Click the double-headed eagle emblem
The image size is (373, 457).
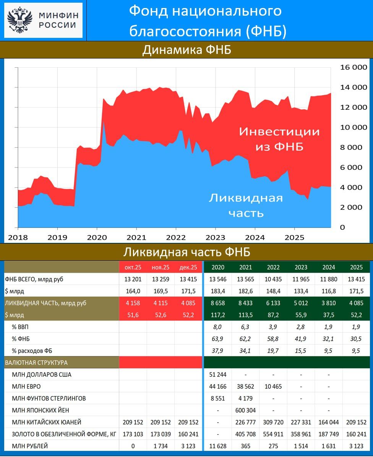click(20, 20)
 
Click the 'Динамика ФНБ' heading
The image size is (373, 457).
click(186, 50)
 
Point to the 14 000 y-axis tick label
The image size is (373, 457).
click(354, 87)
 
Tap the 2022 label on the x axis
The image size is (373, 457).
click(175, 237)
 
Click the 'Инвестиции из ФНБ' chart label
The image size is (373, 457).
click(279, 139)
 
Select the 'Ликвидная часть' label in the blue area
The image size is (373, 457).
click(246, 205)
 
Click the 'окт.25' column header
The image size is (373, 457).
click(133, 267)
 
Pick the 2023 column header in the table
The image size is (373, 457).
click(301, 267)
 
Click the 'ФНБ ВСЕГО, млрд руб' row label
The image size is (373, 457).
click(34, 279)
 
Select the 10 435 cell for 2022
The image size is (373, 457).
click(273, 279)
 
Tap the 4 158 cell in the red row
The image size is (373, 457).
click(133, 303)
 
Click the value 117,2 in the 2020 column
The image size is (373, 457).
click(217, 315)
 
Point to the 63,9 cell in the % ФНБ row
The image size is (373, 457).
click(217, 339)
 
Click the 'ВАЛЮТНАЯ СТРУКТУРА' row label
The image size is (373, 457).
click(36, 363)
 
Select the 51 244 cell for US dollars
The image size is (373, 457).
click(217, 374)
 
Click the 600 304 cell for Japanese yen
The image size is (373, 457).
click(245, 410)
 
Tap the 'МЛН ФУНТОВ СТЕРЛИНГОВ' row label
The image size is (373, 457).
click(49, 398)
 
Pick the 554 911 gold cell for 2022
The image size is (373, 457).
click(273, 434)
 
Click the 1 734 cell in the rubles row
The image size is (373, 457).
click(161, 446)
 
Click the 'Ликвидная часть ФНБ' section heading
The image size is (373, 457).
click(186, 252)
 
